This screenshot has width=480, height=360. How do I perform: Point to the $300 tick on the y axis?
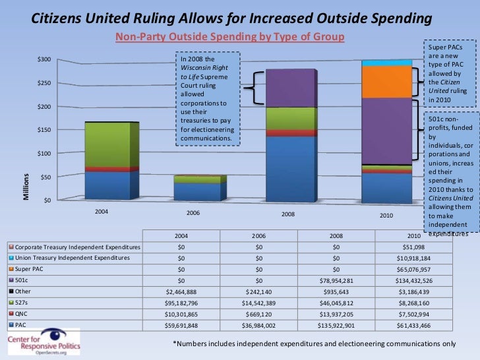[44, 60]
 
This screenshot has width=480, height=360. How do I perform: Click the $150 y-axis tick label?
[44, 130]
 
